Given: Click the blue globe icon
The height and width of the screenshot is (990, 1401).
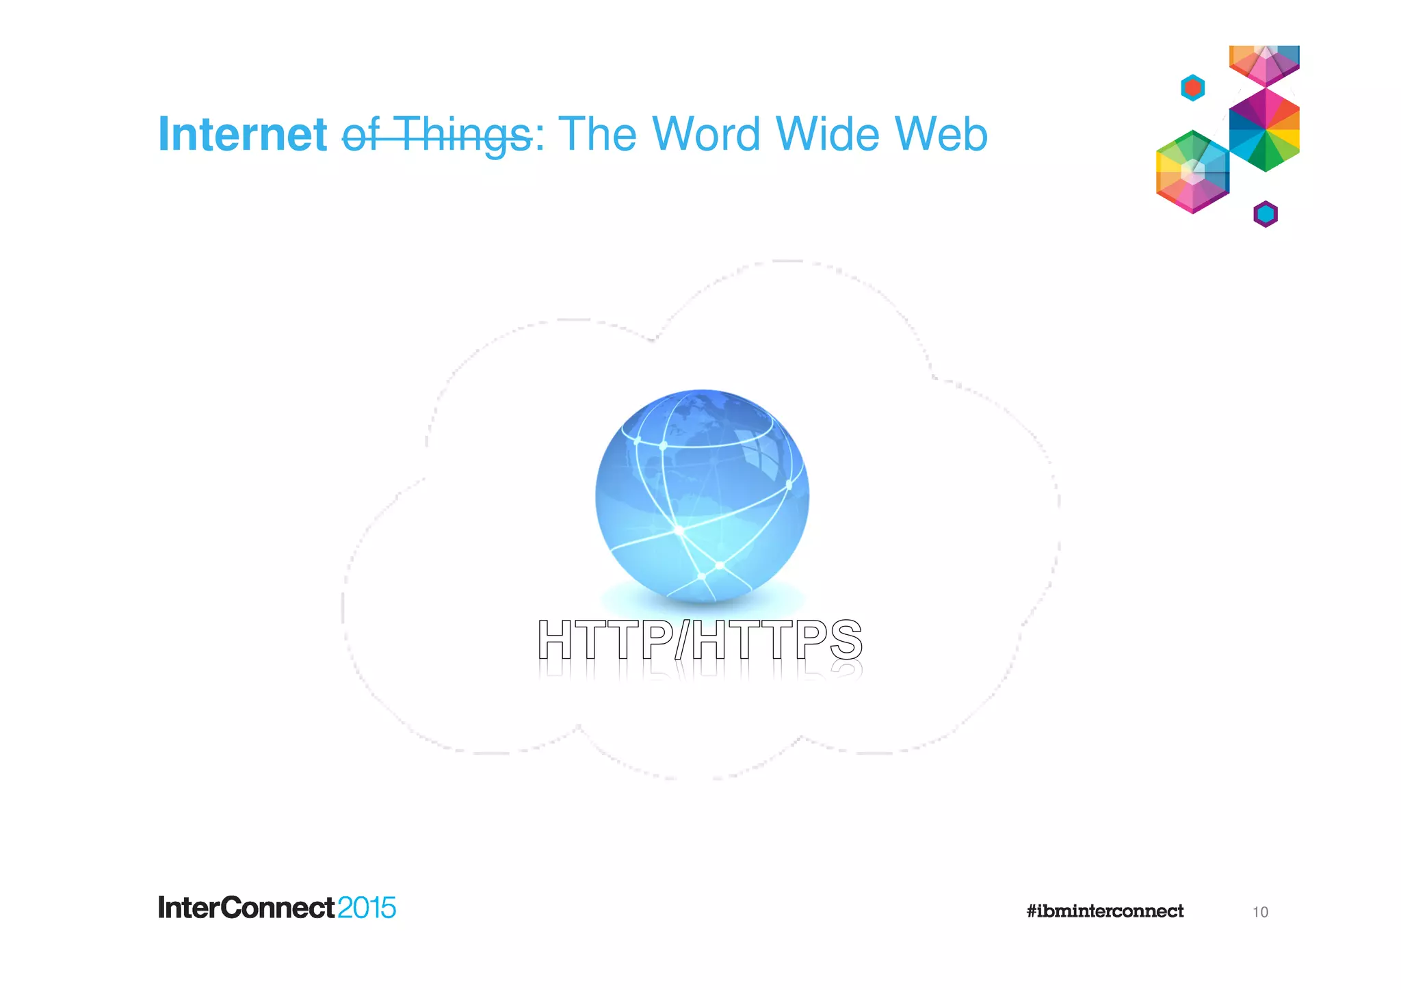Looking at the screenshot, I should [x=702, y=496].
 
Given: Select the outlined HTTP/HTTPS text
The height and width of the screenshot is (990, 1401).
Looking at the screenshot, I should [x=700, y=640].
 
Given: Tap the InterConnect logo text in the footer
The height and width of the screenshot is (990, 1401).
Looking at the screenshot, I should [x=246, y=908].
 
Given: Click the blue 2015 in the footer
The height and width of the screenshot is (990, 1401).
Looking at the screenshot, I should [x=367, y=908].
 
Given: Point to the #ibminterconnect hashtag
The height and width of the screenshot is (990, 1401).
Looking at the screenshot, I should [x=1105, y=911].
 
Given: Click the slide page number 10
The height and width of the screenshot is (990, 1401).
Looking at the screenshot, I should [x=1260, y=912].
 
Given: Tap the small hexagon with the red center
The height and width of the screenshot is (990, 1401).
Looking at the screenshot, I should [x=1193, y=88].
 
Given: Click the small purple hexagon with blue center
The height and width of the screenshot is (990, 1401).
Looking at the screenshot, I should [x=1266, y=214].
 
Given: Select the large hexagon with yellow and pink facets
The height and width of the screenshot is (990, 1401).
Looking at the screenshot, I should [x=1192, y=172].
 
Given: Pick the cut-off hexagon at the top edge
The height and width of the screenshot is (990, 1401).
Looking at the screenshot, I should [x=1264, y=63].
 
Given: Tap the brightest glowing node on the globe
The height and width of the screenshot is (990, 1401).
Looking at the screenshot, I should [x=679, y=530].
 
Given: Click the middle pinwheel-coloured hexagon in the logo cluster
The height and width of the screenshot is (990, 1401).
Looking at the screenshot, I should [x=1264, y=129].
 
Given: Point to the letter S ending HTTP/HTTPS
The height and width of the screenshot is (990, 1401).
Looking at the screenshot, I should [x=846, y=640].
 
